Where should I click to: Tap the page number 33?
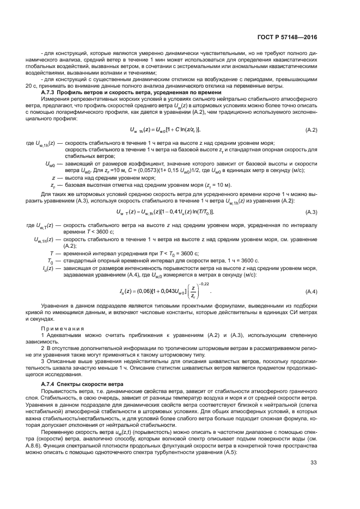tap(313, 479)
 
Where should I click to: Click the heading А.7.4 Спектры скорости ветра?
tap(77, 384)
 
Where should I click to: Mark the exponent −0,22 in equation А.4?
tap(203, 284)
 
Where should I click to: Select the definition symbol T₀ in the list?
tap(51, 261)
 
